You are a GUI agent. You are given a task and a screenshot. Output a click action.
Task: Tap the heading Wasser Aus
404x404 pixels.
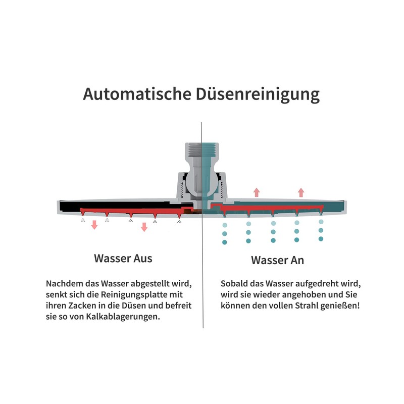123,258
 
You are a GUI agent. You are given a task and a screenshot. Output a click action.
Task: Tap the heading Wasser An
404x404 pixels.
277,261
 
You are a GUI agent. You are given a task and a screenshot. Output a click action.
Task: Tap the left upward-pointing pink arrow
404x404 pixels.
257,191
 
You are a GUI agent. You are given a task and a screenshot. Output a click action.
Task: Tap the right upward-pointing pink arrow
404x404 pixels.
301,191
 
